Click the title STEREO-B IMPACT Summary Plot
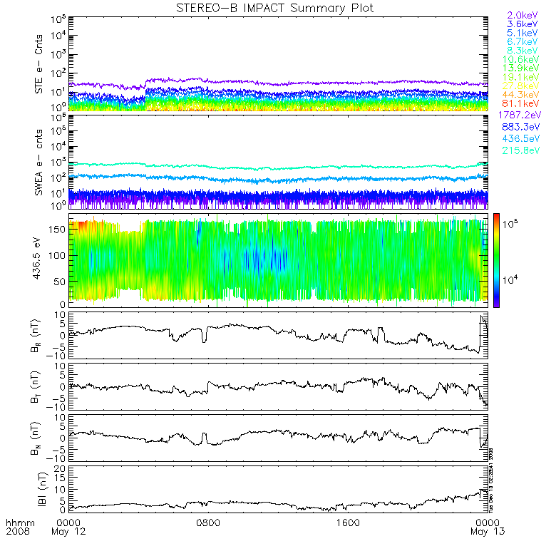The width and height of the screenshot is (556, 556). point(274,8)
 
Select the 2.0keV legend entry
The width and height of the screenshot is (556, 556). point(522,15)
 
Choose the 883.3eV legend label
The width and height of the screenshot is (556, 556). point(522,127)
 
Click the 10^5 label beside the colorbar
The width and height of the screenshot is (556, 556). point(512,226)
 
